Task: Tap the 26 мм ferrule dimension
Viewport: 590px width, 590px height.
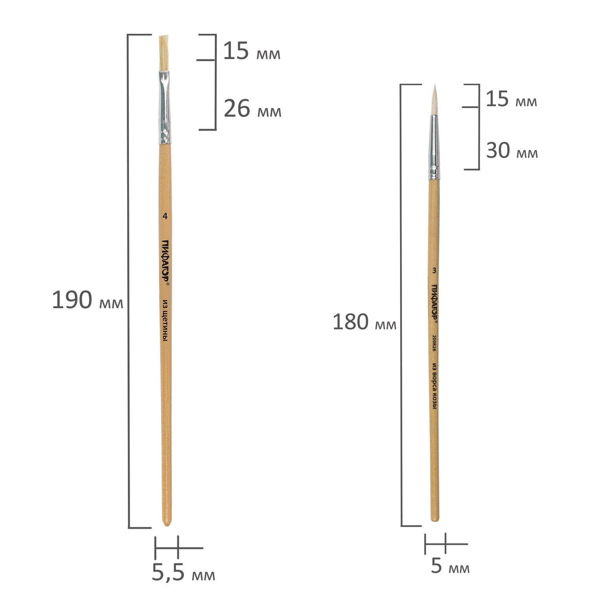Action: (253, 109)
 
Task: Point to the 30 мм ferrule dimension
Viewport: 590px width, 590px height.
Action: (512, 150)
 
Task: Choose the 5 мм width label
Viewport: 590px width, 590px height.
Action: (450, 566)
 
